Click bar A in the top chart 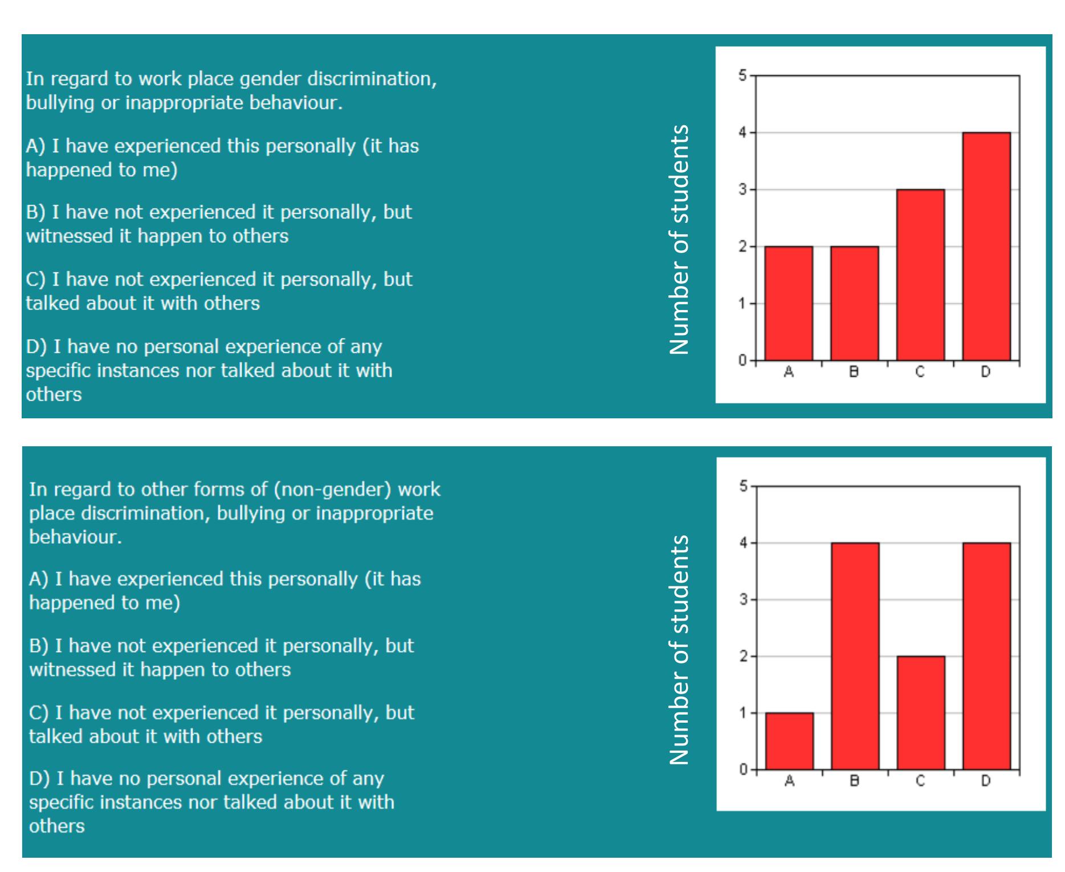point(789,303)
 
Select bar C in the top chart point(920,275)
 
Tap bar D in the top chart point(986,246)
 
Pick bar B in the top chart point(854,303)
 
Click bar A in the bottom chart point(789,741)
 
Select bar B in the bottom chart point(855,656)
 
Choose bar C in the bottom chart point(921,712)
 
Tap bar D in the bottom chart point(986,656)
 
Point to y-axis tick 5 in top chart point(742,75)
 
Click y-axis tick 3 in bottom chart point(743,600)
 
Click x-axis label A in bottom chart point(789,781)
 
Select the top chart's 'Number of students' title point(679,239)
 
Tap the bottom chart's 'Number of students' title point(679,650)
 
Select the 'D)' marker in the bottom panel point(39,779)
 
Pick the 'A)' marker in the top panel point(36,146)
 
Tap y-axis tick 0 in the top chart point(742,360)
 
